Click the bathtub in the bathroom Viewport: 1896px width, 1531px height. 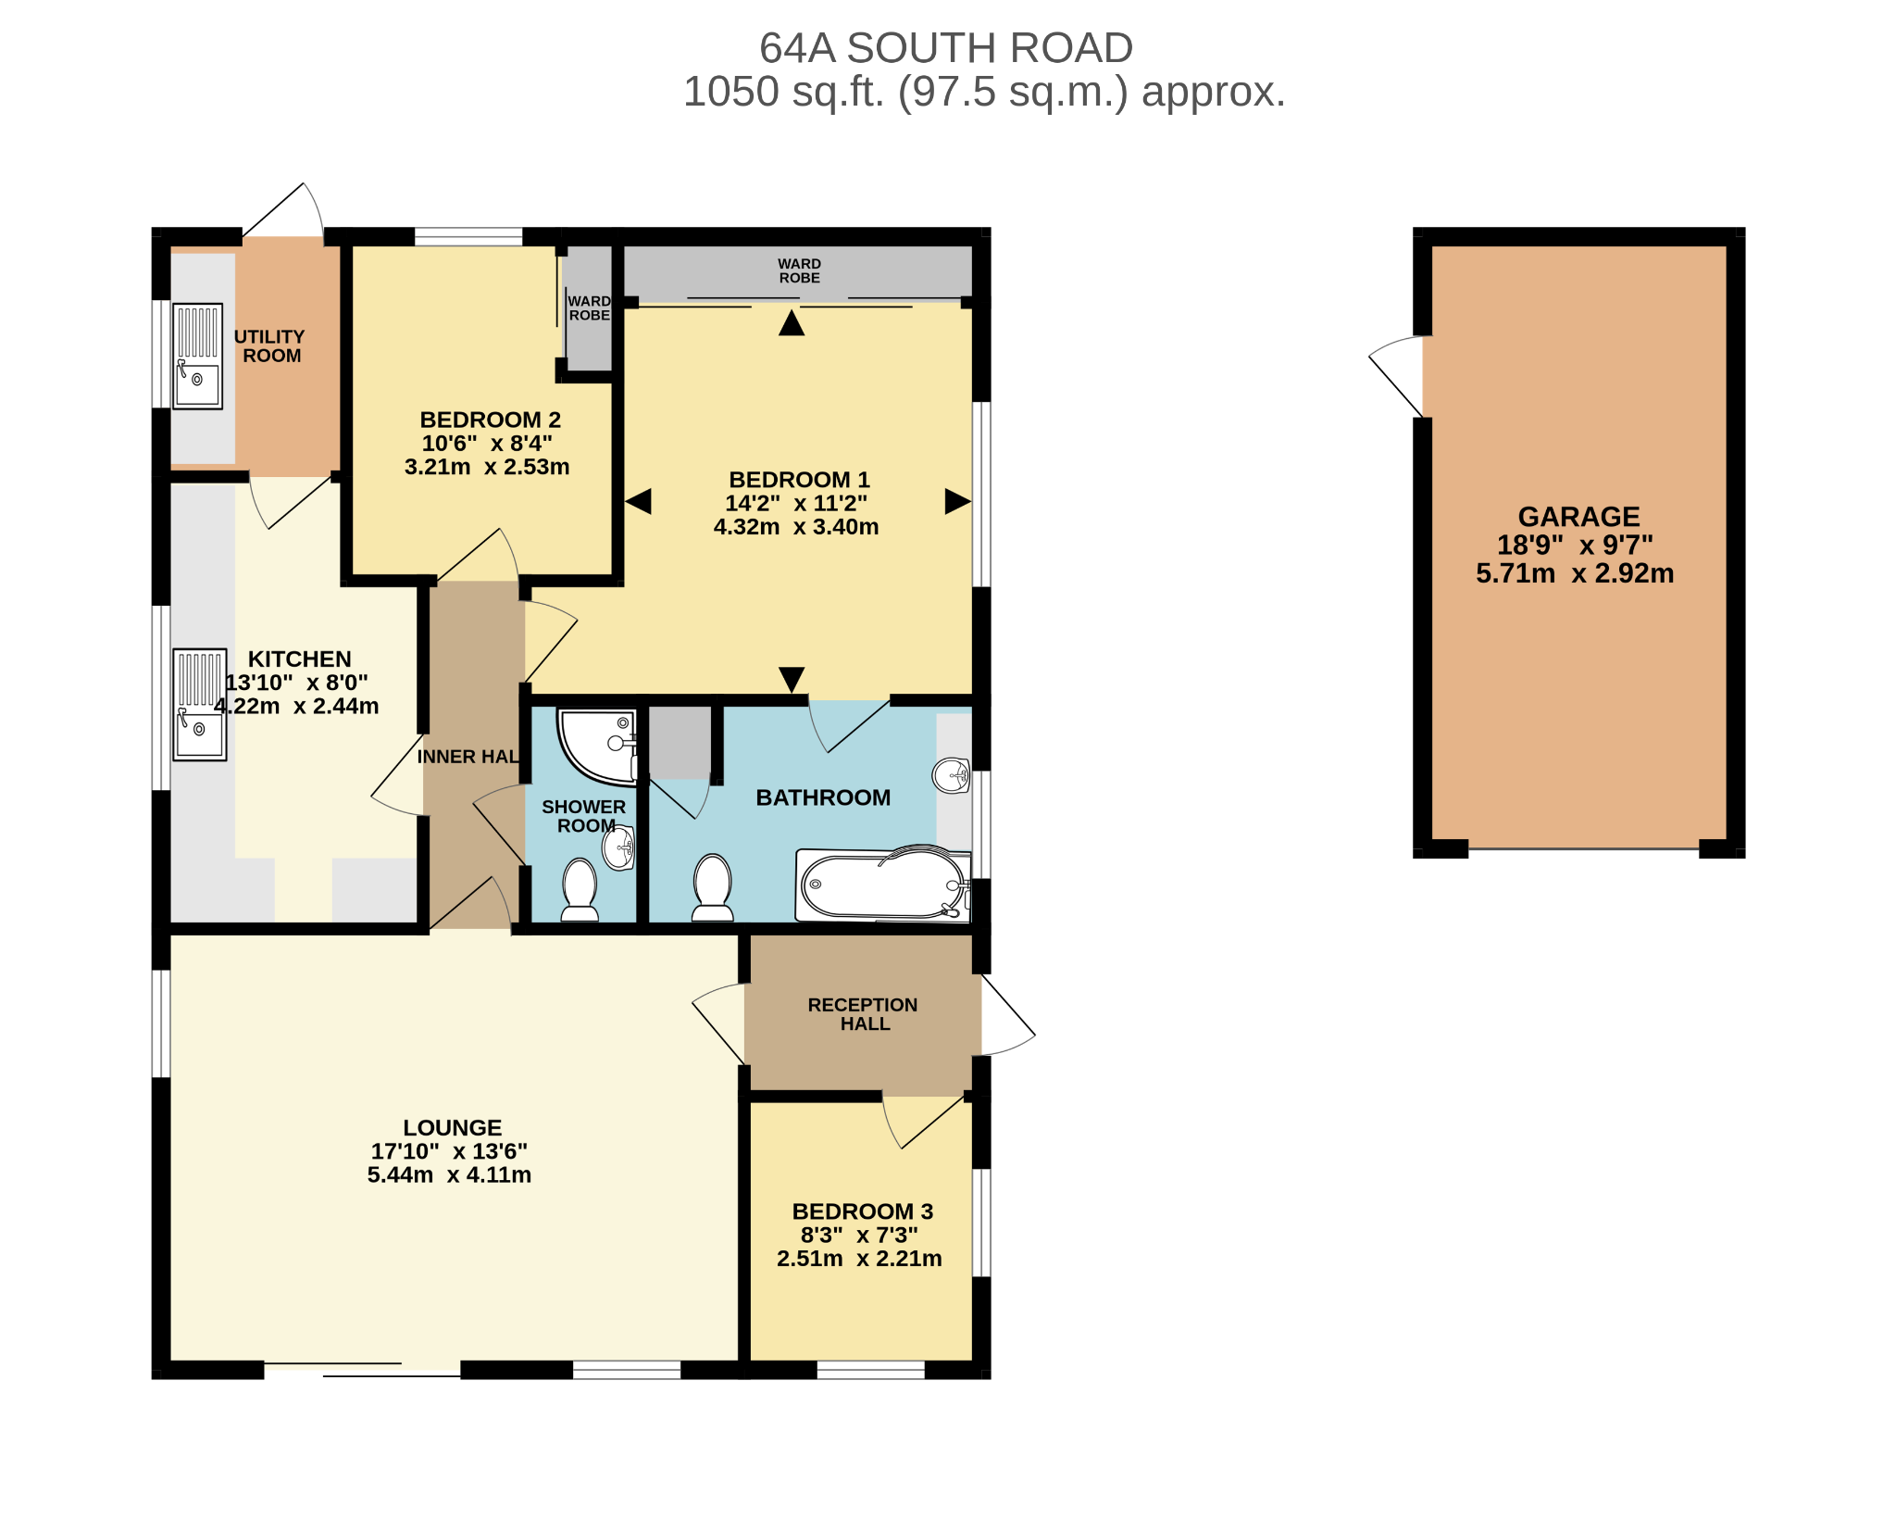pyautogui.click(x=883, y=885)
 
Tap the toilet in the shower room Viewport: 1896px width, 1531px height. pyautogui.click(x=580, y=890)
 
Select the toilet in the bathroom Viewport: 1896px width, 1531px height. pyautogui.click(x=713, y=887)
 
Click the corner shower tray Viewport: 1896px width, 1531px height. pyautogui.click(x=597, y=747)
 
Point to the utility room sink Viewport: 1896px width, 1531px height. pyautogui.click(x=198, y=357)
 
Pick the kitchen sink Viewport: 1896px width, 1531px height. pyautogui.click(x=200, y=705)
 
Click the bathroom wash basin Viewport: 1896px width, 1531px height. pyautogui.click(x=951, y=775)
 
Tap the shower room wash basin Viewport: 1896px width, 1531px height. pyautogui.click(x=618, y=847)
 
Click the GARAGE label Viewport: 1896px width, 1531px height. pyautogui.click(x=1578, y=517)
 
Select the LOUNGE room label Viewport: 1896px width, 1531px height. pyautogui.click(x=453, y=1127)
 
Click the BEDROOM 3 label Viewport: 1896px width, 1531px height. pyautogui.click(x=862, y=1211)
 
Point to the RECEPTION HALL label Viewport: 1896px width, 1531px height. pyautogui.click(x=863, y=1014)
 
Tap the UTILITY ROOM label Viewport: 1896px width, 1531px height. pyautogui.click(x=269, y=346)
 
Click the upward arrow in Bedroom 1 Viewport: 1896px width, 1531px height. pyautogui.click(x=792, y=323)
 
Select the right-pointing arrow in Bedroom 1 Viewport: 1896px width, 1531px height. pyautogui.click(x=957, y=501)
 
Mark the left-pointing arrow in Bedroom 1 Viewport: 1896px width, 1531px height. pyautogui.click(x=639, y=501)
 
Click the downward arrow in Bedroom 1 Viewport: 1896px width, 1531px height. pyautogui.click(x=792, y=679)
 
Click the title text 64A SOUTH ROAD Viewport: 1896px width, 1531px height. pyautogui.click(x=946, y=48)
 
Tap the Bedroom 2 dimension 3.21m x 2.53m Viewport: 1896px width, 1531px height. pyautogui.click(x=487, y=467)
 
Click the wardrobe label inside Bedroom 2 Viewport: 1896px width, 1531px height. pyautogui.click(x=590, y=308)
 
